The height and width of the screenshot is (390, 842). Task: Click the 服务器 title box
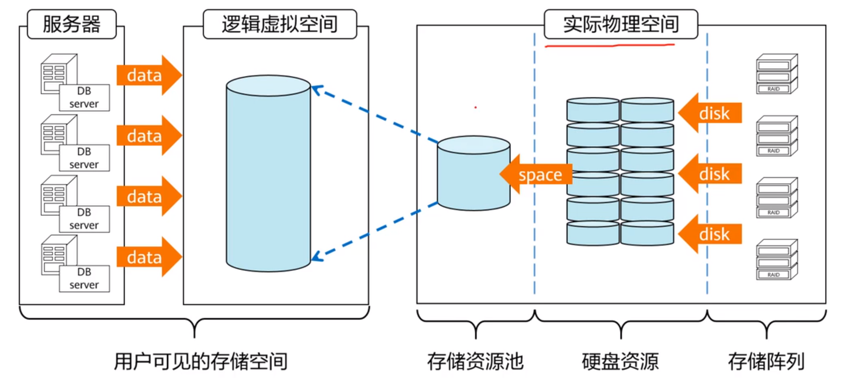click(72, 24)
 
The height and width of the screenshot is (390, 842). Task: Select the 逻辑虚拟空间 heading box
click(279, 24)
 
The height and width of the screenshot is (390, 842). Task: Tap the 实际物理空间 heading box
click(620, 24)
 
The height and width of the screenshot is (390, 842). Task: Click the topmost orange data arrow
click(148, 76)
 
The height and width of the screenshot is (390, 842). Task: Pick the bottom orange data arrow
click(148, 257)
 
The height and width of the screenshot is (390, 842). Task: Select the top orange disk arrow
click(710, 113)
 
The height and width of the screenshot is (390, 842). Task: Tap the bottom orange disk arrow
click(710, 234)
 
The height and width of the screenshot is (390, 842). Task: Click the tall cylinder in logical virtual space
click(268, 172)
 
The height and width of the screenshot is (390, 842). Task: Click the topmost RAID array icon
click(776, 74)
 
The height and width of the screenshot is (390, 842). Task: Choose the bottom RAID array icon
click(776, 260)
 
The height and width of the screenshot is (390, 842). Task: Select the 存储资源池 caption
click(475, 361)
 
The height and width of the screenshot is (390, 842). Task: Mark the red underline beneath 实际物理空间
click(610, 46)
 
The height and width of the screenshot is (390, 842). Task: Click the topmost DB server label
click(84, 97)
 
